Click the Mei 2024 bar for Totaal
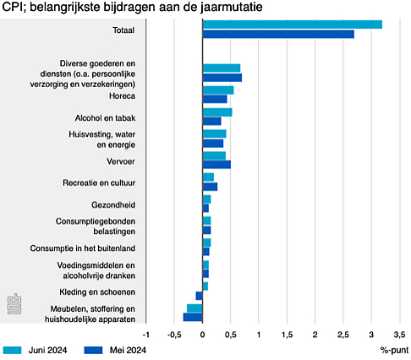click(x=278, y=35)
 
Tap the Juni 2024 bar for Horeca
click(x=218, y=90)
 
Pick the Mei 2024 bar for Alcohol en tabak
click(x=211, y=121)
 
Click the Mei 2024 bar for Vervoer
click(x=216, y=165)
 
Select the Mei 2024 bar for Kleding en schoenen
click(x=199, y=296)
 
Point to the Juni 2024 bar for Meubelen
click(x=195, y=308)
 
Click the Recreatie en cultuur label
click(x=99, y=183)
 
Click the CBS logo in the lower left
click(x=14, y=304)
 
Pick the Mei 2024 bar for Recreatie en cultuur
click(x=210, y=187)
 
